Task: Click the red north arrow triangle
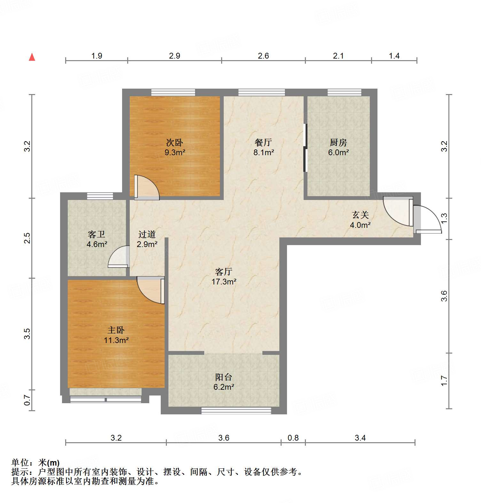click(x=32, y=57)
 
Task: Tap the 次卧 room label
click(x=175, y=142)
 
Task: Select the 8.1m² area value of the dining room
click(x=263, y=153)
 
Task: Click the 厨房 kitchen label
click(x=338, y=142)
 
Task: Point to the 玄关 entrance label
click(x=360, y=215)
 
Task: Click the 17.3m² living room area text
click(x=224, y=282)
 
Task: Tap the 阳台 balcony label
click(x=223, y=377)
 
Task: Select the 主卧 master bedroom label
click(x=116, y=330)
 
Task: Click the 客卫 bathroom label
click(x=97, y=235)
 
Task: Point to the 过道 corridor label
click(x=147, y=235)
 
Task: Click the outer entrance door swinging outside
click(x=428, y=219)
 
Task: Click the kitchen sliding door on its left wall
click(x=305, y=148)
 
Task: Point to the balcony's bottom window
click(x=236, y=411)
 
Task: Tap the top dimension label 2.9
click(x=175, y=56)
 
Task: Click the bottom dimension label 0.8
click(x=293, y=438)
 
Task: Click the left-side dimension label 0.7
click(x=28, y=400)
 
